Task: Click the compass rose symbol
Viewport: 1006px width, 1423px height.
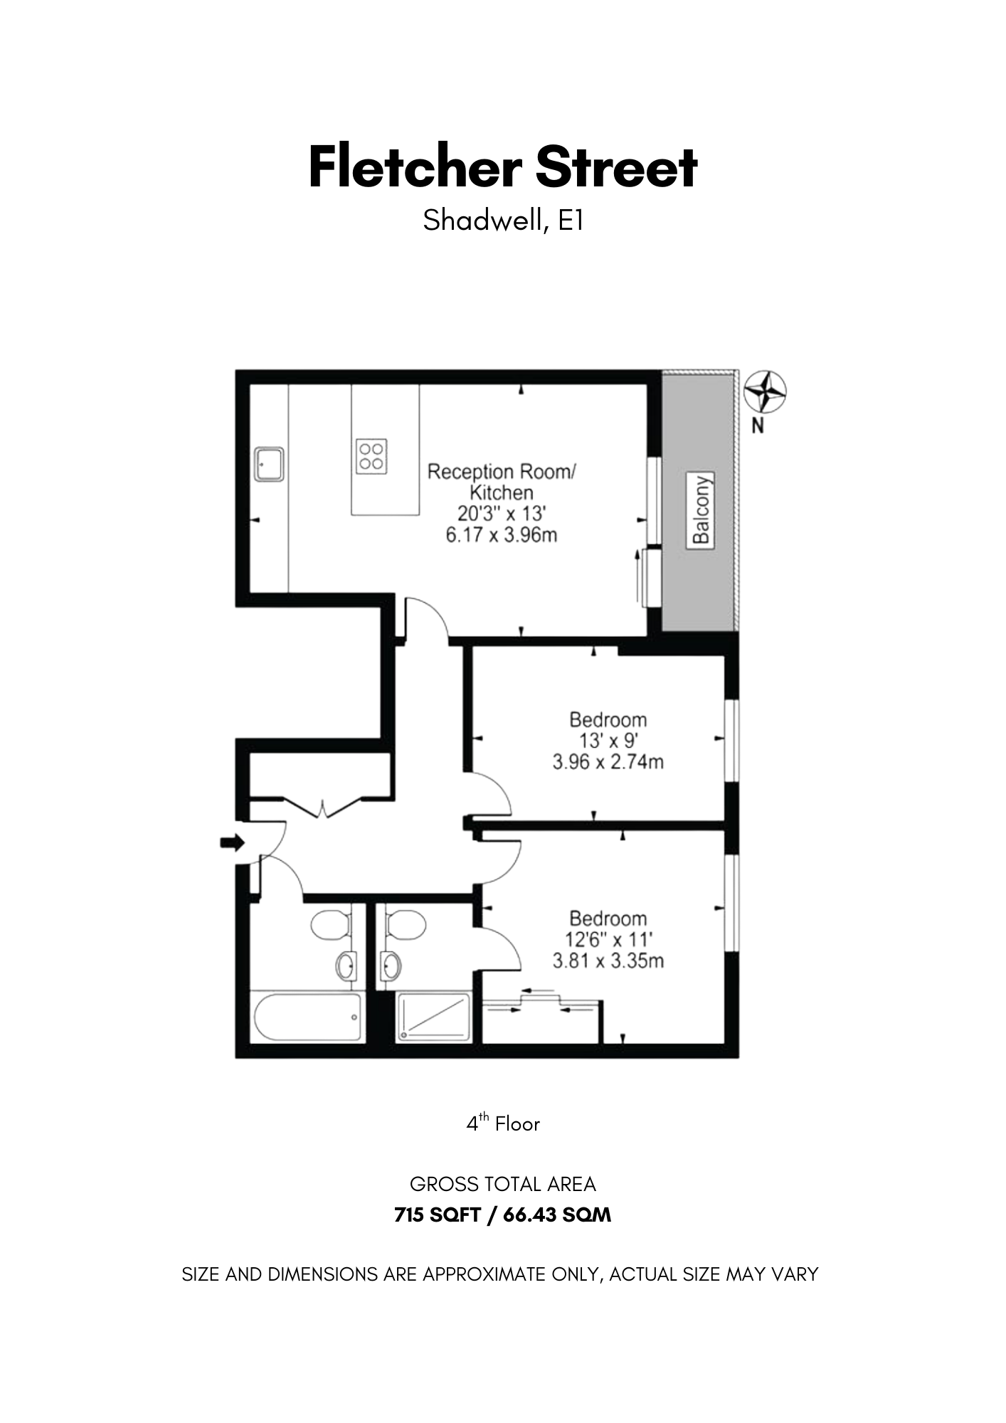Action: pos(765,391)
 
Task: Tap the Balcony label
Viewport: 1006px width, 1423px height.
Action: pos(701,509)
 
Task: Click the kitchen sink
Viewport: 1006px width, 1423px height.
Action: pos(270,464)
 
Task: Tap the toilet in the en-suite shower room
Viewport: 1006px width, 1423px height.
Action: pos(406,926)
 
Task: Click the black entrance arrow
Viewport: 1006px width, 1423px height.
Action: pos(232,843)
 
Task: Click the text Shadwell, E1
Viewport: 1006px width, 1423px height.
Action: pos(503,221)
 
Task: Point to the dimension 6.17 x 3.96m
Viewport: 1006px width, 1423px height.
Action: pos(502,534)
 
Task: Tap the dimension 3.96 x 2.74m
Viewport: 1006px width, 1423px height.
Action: pos(608,762)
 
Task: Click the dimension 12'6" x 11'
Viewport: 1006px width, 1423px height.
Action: pos(608,940)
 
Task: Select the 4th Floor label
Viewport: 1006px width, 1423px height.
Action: pos(503,1124)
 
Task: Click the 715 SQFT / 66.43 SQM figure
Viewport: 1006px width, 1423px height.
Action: pos(503,1215)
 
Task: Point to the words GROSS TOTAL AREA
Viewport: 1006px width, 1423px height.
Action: pos(503,1185)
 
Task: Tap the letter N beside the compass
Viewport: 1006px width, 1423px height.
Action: pos(758,427)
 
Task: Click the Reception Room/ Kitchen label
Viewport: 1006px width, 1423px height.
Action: pos(502,482)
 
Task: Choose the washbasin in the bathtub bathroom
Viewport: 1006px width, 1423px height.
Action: pos(346,966)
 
